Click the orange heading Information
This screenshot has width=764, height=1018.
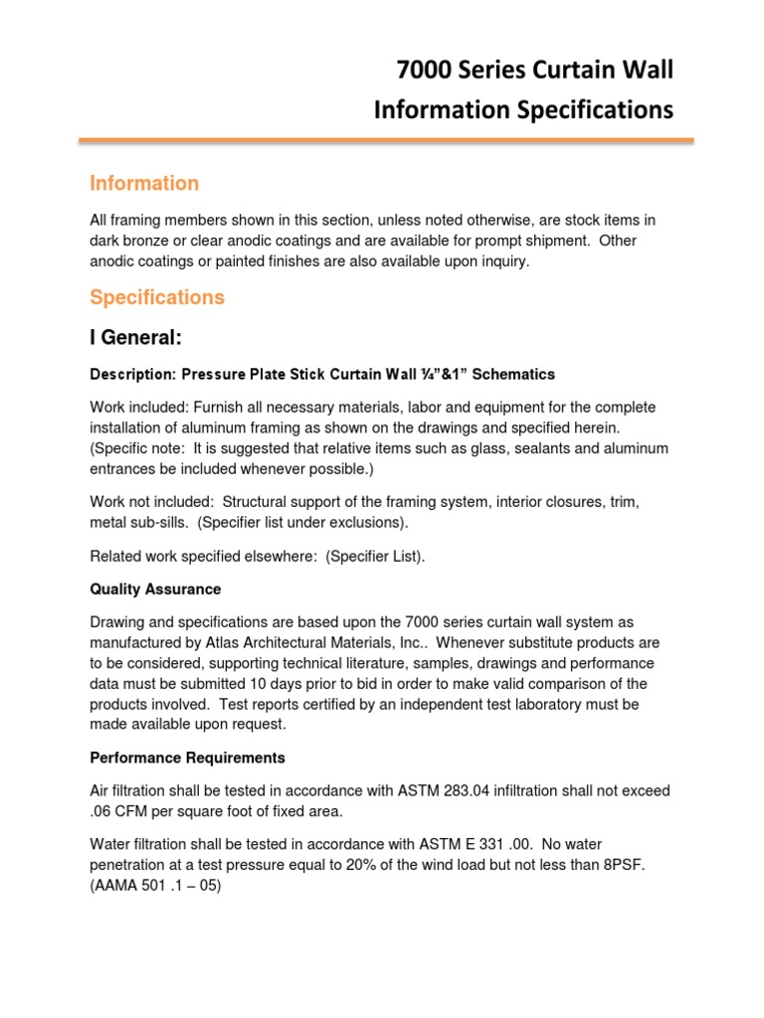(x=144, y=183)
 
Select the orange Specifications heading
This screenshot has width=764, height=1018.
(x=157, y=297)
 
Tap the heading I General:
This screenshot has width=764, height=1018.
(x=135, y=339)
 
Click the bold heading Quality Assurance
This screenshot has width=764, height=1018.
(x=155, y=590)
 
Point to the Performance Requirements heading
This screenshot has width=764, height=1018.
(x=187, y=758)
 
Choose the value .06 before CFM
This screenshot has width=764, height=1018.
(x=100, y=810)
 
